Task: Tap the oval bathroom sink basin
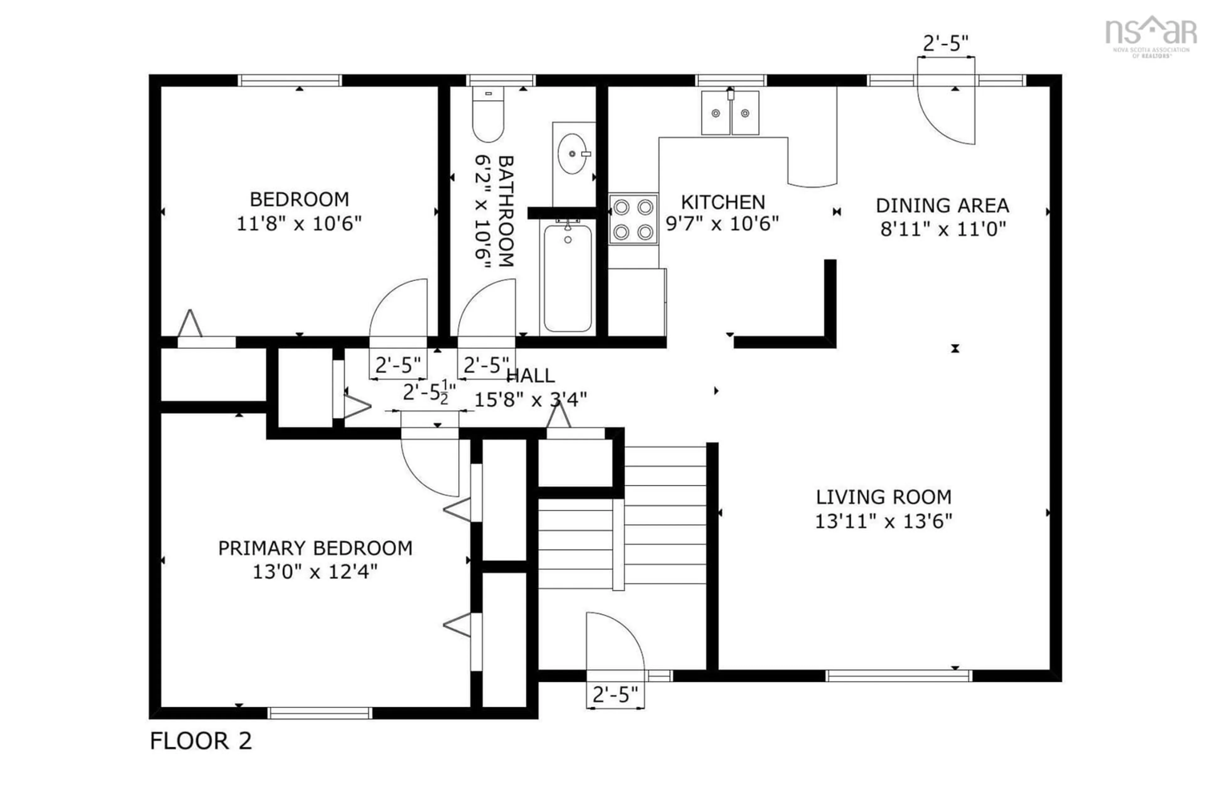tap(573, 153)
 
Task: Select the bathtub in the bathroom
tap(568, 278)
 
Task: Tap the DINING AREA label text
tap(942, 205)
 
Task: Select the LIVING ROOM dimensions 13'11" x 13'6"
tap(883, 521)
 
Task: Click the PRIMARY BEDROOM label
tap(315, 548)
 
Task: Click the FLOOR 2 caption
tap(201, 741)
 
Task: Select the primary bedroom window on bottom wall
tap(320, 713)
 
